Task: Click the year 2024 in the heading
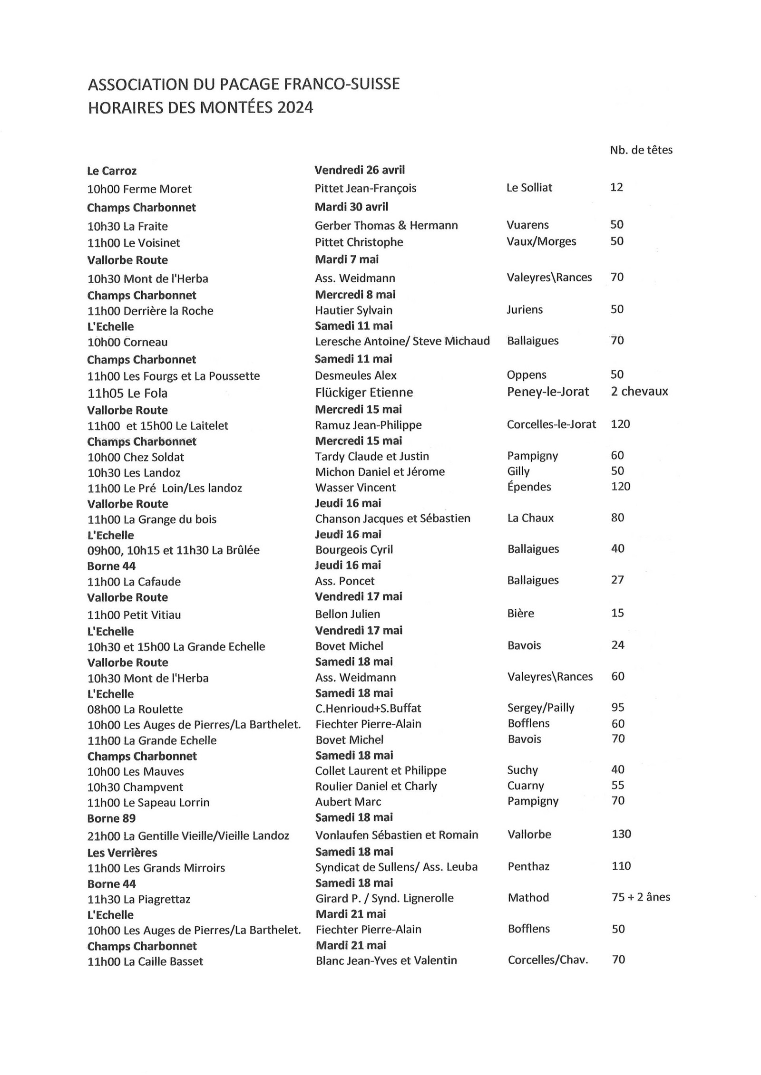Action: coord(295,108)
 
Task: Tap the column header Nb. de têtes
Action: coord(641,150)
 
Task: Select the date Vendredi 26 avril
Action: coord(360,170)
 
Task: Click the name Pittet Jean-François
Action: coord(365,188)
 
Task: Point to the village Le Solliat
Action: coord(529,188)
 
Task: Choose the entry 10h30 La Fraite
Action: coord(127,226)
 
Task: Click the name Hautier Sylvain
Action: coord(353,310)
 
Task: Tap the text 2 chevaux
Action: coord(639,392)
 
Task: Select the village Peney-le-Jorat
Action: coord(547,392)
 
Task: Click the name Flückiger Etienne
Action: coord(364,393)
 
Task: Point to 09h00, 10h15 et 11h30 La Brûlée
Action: coord(173,550)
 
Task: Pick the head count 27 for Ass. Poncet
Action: coord(617,580)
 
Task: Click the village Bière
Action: coord(520,614)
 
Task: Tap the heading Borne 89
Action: coord(111,818)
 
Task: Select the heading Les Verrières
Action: coord(122,853)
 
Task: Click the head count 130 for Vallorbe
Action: coord(621,834)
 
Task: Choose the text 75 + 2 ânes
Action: coord(640,897)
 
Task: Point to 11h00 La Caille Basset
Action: coord(145,962)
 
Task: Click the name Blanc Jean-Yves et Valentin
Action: coord(386,960)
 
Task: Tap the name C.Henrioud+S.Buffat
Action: coord(368,709)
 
